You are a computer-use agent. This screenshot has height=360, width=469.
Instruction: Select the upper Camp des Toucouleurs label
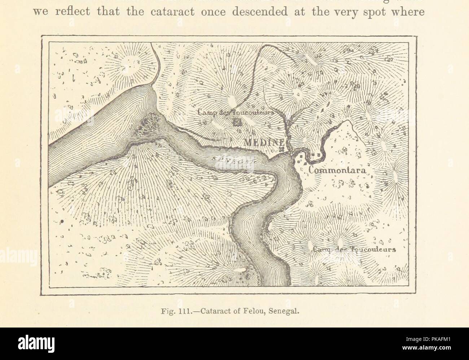pyautogui.click(x=237, y=113)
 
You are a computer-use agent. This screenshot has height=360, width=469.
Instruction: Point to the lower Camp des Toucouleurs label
pyautogui.click(x=354, y=249)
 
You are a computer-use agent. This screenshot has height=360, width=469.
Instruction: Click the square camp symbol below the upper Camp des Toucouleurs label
pyautogui.click(x=237, y=122)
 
